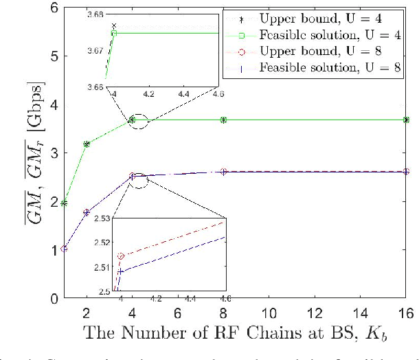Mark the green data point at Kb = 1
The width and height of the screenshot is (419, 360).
tap(64, 203)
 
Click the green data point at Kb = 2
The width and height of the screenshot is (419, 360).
tap(87, 144)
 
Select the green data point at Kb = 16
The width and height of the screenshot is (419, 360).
tap(407, 120)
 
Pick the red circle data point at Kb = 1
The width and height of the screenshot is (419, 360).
tap(64, 248)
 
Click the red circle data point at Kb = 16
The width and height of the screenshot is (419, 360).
tap(407, 172)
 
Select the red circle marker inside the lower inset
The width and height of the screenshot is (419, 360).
tap(122, 256)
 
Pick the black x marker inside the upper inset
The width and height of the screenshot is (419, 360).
tap(114, 25)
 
